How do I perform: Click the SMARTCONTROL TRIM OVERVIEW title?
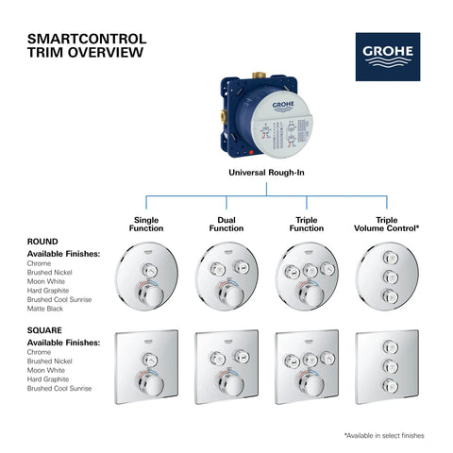[x=87, y=46]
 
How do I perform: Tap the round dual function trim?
[x=226, y=277]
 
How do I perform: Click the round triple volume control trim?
[x=388, y=277]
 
